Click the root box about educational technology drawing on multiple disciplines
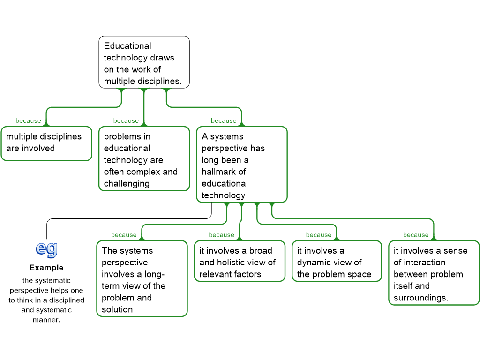144,62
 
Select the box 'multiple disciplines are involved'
46,143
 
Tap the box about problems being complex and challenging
144,158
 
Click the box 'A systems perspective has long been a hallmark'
242,165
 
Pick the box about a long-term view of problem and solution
142,278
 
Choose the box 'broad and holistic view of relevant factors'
240,261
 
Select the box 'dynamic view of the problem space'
337,261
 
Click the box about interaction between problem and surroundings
434,273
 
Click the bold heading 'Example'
46,268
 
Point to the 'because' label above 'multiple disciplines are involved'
28,120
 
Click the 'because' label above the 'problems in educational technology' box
126,120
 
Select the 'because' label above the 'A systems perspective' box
224,120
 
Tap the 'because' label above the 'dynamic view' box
319,235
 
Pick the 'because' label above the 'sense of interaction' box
416,235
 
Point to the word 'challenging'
127,184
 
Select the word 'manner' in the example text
45,320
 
